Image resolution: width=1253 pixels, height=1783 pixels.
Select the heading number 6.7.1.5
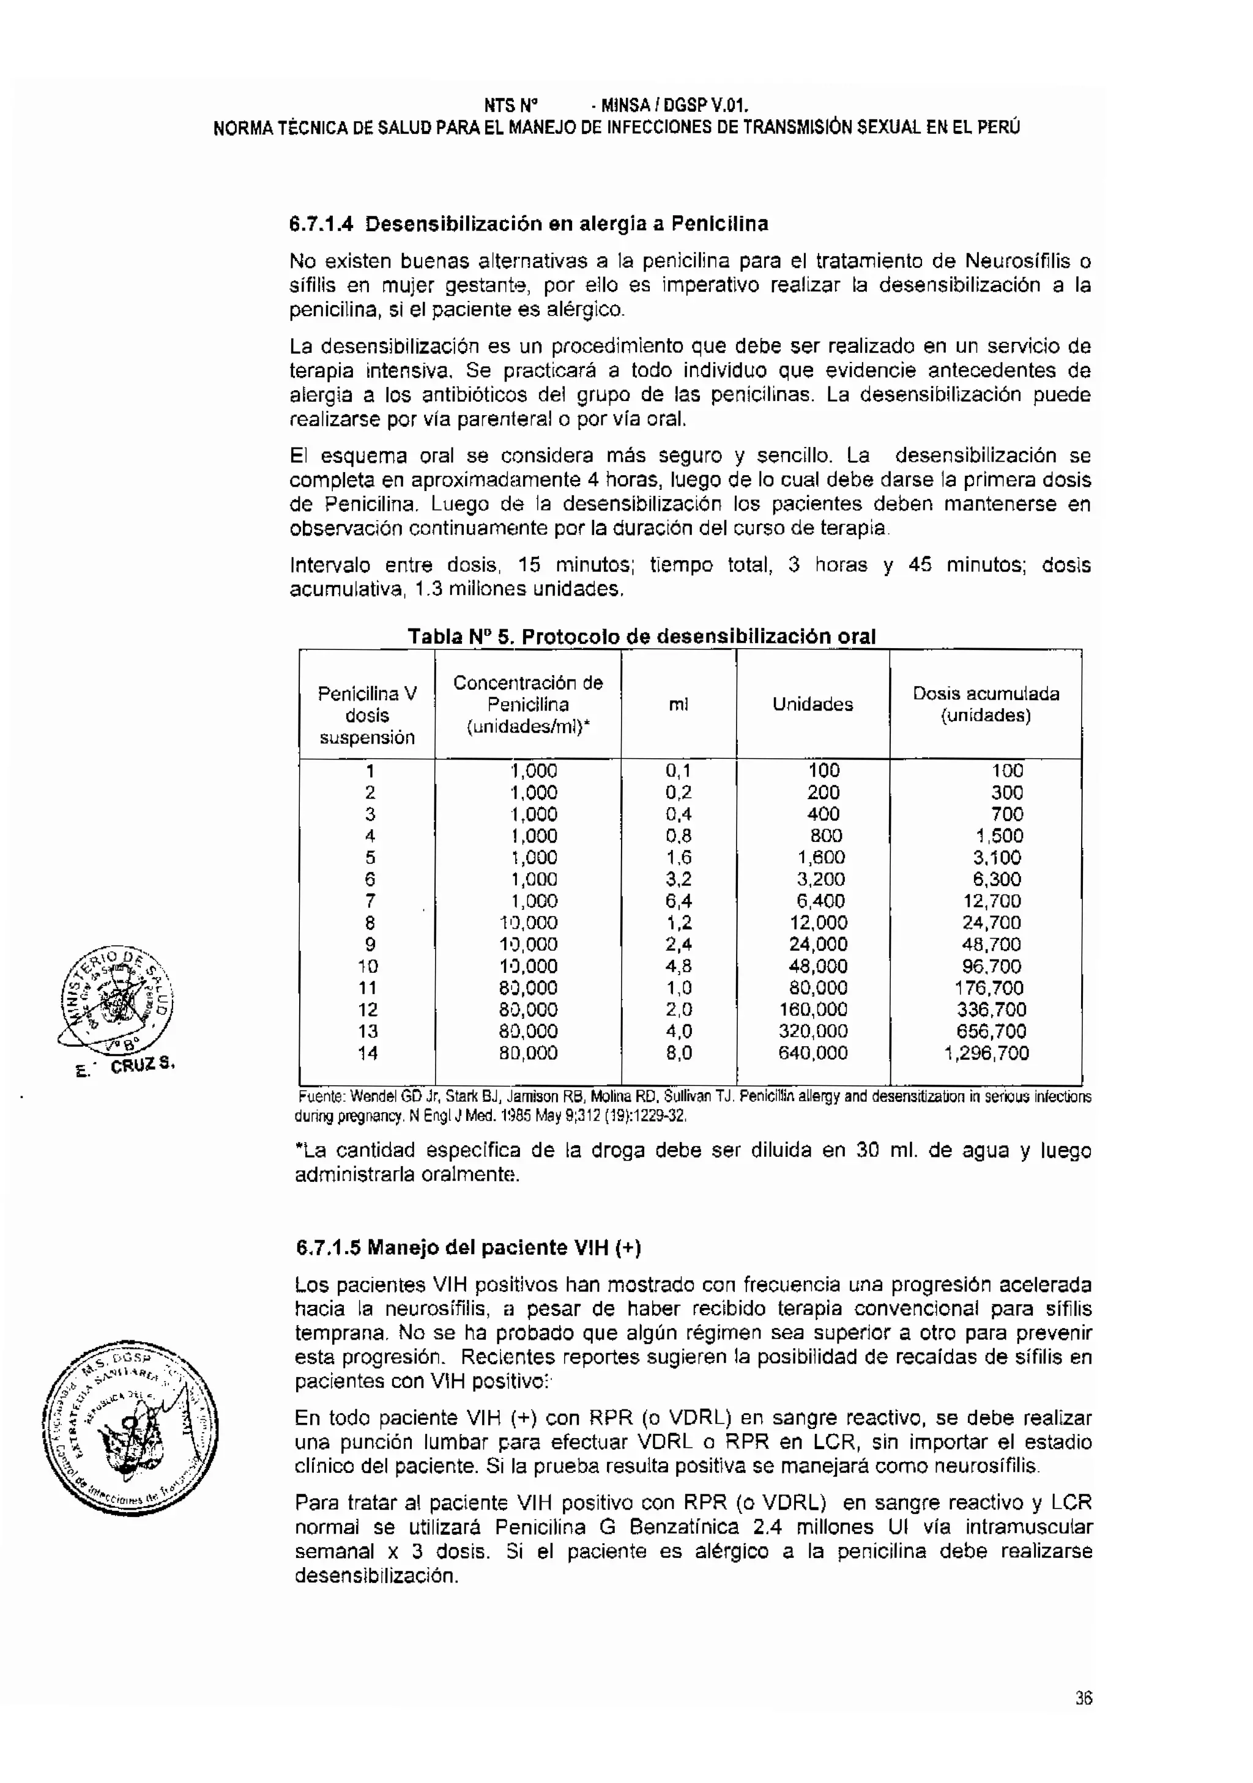(x=328, y=1247)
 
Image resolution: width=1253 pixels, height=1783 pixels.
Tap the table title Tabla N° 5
(x=458, y=637)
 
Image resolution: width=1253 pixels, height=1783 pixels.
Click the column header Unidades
(x=812, y=704)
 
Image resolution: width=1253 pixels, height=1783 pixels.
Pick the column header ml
(x=678, y=704)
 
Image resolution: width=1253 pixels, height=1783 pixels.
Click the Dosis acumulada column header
(x=985, y=693)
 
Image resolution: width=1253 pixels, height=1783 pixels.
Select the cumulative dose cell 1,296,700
(x=986, y=1054)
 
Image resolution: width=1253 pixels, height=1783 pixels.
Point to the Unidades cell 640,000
(x=812, y=1054)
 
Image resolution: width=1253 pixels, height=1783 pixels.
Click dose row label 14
(x=368, y=1054)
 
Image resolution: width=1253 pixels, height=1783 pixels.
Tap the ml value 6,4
(x=678, y=902)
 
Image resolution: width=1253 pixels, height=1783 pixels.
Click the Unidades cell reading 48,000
(x=812, y=967)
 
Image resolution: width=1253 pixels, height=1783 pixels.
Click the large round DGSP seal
(x=130, y=1430)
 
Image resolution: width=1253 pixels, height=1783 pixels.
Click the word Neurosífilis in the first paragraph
(x=1017, y=261)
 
